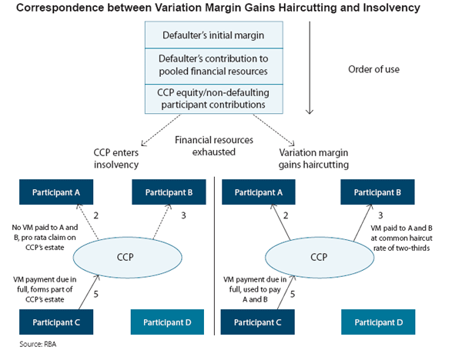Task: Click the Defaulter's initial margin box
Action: click(x=213, y=35)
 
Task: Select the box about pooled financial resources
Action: click(x=213, y=64)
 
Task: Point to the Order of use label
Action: click(x=373, y=68)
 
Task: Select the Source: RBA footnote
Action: click(x=38, y=344)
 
